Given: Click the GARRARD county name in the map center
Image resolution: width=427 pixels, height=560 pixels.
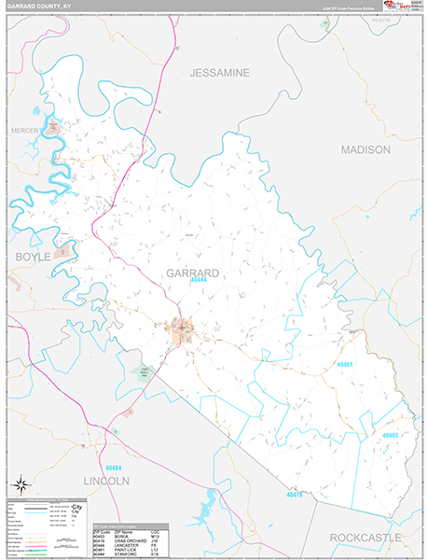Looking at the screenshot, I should click(x=193, y=273).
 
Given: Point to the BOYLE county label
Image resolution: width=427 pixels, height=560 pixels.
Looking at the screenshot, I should click(x=29, y=256).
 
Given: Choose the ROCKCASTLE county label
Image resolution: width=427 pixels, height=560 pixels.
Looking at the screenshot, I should click(x=365, y=538).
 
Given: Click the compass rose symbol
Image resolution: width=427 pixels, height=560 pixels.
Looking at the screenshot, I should click(x=19, y=483).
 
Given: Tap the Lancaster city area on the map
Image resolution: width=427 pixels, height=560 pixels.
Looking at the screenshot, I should click(x=180, y=329).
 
